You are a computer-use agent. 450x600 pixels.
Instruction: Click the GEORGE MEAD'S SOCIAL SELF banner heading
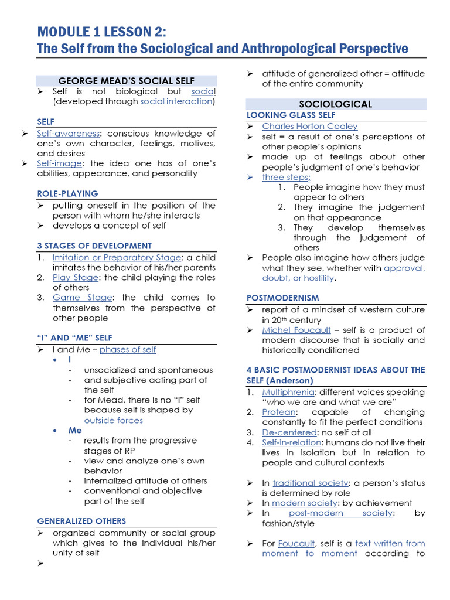click(127, 81)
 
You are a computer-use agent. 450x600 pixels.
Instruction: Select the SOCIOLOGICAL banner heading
click(335, 104)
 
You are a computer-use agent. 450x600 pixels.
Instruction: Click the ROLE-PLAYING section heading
click(67, 193)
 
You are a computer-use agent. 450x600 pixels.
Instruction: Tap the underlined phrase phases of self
click(128, 350)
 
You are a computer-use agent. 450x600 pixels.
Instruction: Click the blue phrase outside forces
click(113, 420)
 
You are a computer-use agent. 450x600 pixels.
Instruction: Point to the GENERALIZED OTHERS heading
click(81, 521)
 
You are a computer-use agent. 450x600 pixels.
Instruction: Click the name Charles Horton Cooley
click(309, 127)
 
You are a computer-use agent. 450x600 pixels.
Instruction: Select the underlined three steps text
click(286, 177)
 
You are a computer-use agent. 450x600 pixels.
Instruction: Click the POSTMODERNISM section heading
click(282, 298)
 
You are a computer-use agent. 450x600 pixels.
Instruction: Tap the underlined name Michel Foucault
click(296, 330)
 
